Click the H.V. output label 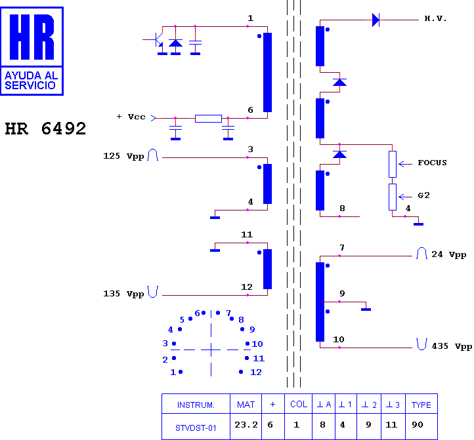[435, 19]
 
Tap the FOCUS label [432, 163]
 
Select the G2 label [423, 195]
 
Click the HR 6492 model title [45, 129]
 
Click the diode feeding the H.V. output [376, 20]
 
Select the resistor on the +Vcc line [208, 119]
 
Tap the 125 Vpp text [123, 156]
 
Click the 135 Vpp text [123, 294]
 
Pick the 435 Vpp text [452, 346]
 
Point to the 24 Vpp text [448, 254]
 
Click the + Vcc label [131, 117]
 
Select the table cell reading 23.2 [246, 425]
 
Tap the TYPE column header [421, 405]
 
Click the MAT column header [246, 405]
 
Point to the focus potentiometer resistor [393, 164]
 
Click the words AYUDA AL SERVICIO [31, 81]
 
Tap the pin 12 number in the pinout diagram [256, 372]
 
